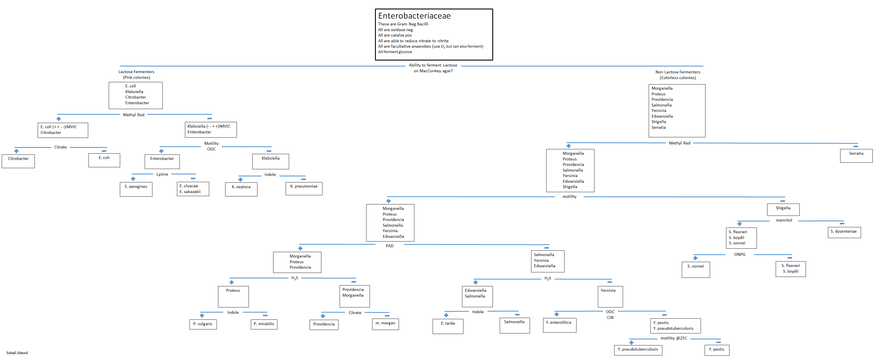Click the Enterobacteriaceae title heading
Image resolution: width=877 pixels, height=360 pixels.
[414, 16]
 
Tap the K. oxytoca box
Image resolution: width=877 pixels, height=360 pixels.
[241, 189]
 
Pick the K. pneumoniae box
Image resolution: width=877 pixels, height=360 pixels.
[304, 189]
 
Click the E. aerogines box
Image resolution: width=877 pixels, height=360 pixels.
[136, 189]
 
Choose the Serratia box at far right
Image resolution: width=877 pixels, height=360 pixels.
[856, 156]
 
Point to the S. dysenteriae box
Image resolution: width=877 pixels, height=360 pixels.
[844, 233]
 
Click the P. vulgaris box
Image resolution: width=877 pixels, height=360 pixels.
[203, 324]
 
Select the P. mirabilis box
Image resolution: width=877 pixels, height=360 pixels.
[264, 324]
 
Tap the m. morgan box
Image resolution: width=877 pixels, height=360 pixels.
[385, 324]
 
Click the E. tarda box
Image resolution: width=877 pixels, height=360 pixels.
[448, 326]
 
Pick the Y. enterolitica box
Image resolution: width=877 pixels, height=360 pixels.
[559, 325]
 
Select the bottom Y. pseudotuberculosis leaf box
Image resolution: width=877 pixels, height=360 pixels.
[638, 350]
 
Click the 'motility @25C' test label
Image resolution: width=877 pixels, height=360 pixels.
[674, 338]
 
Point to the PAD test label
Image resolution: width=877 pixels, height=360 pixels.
[390, 246]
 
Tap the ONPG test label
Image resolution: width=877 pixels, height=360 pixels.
[739, 254]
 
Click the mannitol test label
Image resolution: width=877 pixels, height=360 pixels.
[784, 220]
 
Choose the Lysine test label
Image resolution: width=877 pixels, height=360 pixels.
[162, 174]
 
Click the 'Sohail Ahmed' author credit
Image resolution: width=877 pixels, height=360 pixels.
[17, 353]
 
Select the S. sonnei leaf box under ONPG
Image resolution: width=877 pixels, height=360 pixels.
[695, 270]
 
